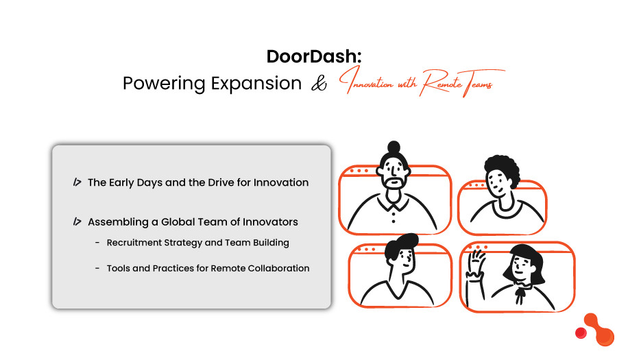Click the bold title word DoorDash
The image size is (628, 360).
point(309,57)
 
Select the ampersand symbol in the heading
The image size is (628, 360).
point(318,84)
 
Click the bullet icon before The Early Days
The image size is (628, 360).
point(77,182)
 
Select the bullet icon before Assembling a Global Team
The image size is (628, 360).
point(77,221)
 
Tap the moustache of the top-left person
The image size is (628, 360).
point(393,182)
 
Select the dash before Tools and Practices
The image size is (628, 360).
point(98,268)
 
